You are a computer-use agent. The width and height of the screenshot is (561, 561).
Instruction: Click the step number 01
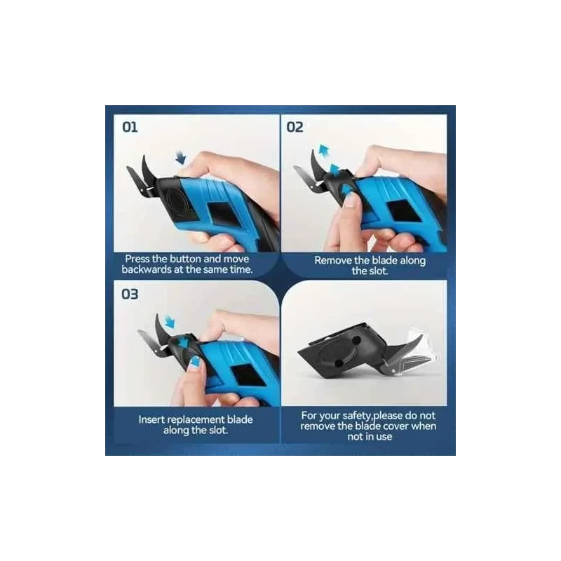[130, 127]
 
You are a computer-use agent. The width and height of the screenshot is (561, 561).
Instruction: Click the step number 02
[295, 127]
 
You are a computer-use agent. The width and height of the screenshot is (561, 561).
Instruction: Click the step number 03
[130, 294]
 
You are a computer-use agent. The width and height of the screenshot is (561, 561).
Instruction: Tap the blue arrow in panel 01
[181, 157]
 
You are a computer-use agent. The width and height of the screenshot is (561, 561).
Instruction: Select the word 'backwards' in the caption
[147, 269]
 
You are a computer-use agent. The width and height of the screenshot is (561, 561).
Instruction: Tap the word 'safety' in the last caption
[356, 416]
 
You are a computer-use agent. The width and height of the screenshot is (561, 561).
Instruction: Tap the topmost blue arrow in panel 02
[324, 150]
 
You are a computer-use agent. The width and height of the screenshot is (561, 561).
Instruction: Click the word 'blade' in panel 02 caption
[384, 260]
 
